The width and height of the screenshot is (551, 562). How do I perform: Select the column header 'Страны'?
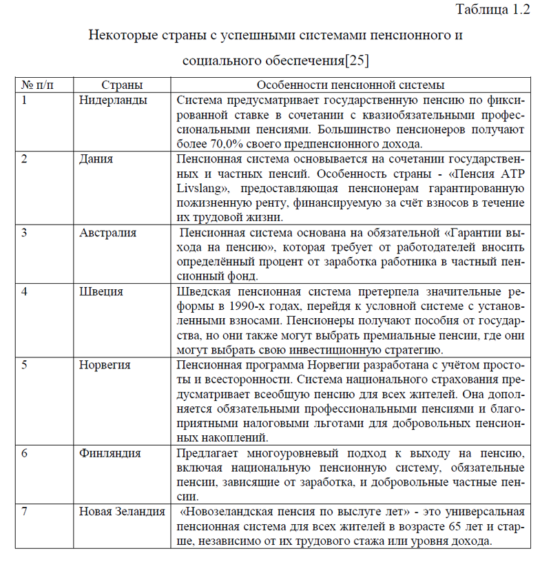tap(122, 85)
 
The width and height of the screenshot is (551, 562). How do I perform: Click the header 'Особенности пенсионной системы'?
tap(350, 85)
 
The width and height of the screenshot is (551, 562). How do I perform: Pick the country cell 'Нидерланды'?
tap(113, 100)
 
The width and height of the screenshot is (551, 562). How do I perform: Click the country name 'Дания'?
tap(96, 158)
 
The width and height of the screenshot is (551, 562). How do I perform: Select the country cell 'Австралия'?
tap(107, 232)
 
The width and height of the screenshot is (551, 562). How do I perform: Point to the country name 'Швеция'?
tap(101, 291)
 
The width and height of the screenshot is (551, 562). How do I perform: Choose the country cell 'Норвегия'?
tap(105, 365)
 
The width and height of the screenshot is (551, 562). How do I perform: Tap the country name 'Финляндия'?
tap(110, 453)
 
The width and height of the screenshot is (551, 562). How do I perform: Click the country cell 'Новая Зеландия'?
tap(122, 512)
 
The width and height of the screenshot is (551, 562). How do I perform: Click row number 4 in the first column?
tap(24, 291)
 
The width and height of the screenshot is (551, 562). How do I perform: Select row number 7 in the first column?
tap(24, 512)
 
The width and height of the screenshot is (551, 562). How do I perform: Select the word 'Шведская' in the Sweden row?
tap(200, 291)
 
